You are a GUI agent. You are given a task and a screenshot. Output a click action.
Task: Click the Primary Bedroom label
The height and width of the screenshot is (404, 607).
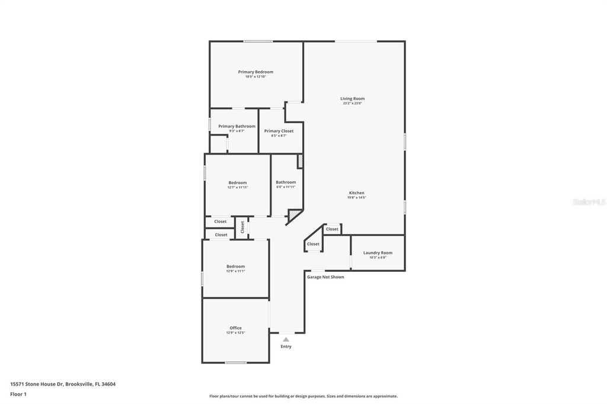tap(255, 72)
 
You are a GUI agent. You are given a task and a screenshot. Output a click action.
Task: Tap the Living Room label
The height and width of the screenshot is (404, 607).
tap(352, 98)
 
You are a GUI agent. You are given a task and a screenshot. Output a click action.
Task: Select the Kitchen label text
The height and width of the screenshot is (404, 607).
tap(356, 193)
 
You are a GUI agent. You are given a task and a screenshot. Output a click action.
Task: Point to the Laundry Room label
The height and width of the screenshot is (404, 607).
tap(378, 252)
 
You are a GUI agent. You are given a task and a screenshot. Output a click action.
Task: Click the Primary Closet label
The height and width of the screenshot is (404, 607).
tap(279, 131)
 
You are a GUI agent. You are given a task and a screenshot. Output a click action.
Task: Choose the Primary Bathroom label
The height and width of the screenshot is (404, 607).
tap(237, 126)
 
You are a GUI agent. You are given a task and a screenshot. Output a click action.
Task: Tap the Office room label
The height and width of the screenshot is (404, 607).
tap(235, 328)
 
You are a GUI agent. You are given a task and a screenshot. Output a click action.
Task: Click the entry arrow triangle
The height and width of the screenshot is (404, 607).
tap(286, 339)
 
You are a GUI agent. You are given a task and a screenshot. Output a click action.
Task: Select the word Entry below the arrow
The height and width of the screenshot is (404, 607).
tap(286, 347)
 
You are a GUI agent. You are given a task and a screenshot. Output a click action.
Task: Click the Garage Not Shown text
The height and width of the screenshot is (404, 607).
tap(325, 277)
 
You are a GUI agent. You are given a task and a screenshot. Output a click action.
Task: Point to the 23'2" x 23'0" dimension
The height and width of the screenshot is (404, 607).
tap(352, 104)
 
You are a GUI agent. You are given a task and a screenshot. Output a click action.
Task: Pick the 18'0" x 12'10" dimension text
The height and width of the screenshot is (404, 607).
tap(255, 77)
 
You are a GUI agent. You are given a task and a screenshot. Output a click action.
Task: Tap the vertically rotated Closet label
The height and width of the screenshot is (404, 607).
tap(242, 226)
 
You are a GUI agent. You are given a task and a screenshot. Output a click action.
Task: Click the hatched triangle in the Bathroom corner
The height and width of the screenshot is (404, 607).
tap(295, 214)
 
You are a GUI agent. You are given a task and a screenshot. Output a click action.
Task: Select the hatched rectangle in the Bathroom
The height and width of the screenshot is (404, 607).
tap(300, 161)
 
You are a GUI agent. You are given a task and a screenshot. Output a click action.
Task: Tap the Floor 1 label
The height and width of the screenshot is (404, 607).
tap(18, 394)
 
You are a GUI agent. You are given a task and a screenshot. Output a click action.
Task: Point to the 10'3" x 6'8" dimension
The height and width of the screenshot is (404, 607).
tap(378, 258)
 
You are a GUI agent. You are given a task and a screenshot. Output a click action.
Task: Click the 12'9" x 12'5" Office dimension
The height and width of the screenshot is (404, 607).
tap(235, 333)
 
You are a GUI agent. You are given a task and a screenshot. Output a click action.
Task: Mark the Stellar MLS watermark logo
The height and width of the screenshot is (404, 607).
tap(589, 202)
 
